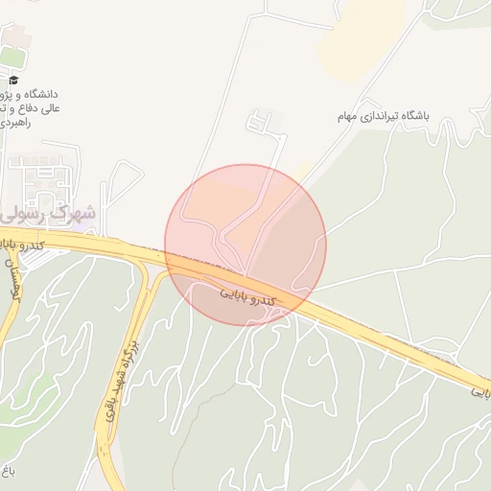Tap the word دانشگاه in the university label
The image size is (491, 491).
[41, 95]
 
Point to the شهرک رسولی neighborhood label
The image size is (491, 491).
[48, 210]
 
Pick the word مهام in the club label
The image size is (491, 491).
[346, 116]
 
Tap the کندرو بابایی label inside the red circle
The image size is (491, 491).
[247, 297]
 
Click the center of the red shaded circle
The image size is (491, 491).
[245, 245]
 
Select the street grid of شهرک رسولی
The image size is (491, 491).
[38, 177]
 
